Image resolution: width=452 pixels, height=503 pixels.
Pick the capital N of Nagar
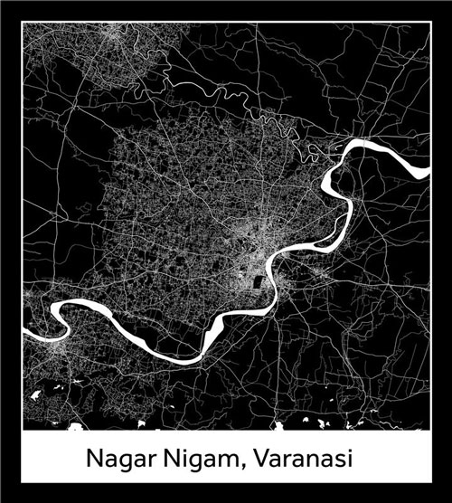95,458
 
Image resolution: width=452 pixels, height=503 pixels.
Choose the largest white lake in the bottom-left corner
37,395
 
